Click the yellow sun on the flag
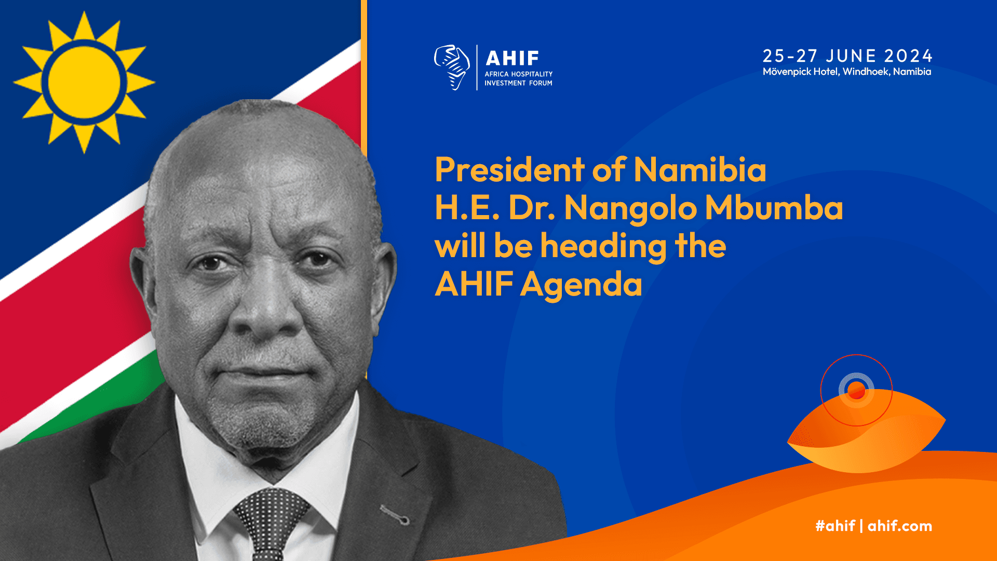pyautogui.click(x=84, y=82)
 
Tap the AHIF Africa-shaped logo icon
pyautogui.click(x=452, y=67)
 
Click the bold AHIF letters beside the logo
pyautogui.click(x=513, y=58)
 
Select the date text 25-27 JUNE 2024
pyautogui.click(x=847, y=56)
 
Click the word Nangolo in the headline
pyautogui.click(x=630, y=209)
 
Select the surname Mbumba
pyautogui.click(x=774, y=207)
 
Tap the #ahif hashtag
pyautogui.click(x=835, y=526)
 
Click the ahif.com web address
pyautogui.click(x=900, y=526)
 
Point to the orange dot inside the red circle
pyautogui.click(x=856, y=390)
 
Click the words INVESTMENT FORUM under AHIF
pyautogui.click(x=518, y=83)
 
